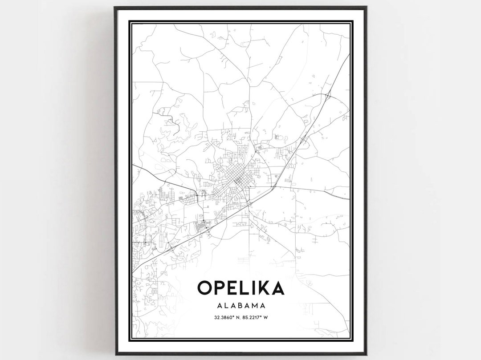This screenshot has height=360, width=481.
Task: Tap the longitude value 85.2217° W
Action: [257, 317]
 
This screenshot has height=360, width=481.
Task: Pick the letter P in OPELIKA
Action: [222, 288]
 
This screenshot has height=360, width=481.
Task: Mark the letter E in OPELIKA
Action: [236, 288]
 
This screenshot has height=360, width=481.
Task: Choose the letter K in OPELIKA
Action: [265, 288]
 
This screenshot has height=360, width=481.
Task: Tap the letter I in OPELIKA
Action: [256, 288]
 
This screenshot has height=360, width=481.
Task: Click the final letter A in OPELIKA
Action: [277, 288]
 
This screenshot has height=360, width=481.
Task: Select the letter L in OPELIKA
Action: [247, 288]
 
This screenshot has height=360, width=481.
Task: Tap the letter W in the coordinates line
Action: [271, 317]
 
